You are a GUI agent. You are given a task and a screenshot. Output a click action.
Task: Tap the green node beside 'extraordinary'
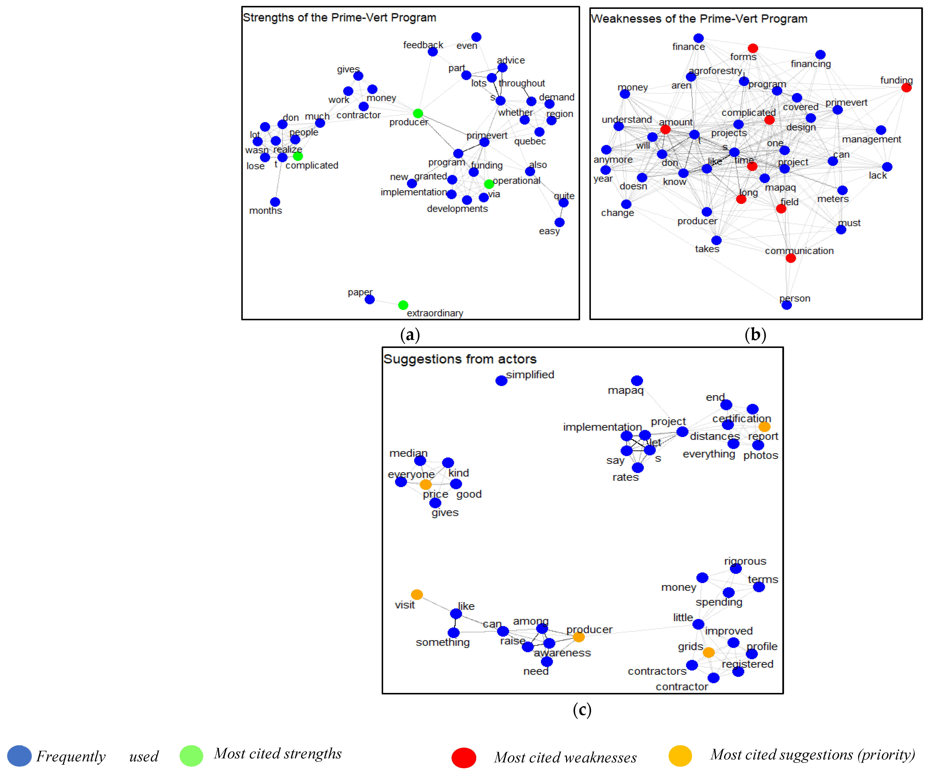[x=403, y=305]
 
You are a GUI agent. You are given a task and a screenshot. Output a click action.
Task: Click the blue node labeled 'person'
[x=786, y=305]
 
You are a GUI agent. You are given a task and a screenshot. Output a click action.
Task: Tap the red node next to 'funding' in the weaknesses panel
[x=906, y=87]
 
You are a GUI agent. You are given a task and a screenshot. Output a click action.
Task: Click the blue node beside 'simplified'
[x=501, y=381]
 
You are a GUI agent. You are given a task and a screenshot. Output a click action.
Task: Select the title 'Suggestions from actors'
[x=460, y=359]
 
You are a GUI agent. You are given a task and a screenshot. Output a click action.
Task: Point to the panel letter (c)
[x=582, y=710]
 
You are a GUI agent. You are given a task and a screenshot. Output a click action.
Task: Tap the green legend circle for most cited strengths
[x=191, y=755]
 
